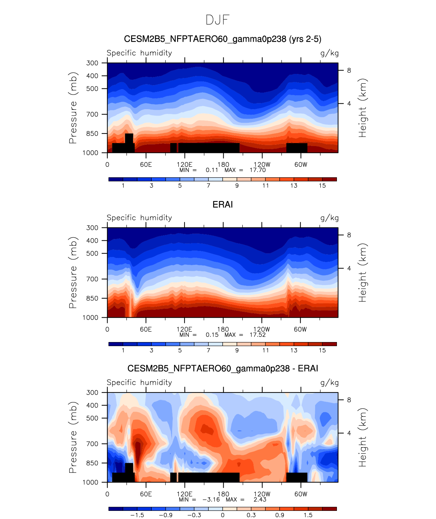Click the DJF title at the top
coord(217,20)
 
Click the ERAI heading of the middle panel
coord(223,204)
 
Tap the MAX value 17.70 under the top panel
coord(258,170)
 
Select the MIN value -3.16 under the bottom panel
coord(211,499)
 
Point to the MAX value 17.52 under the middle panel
coord(258,335)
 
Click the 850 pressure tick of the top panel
coord(92,134)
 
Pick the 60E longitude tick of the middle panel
coord(146,329)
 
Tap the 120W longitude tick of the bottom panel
coord(262,494)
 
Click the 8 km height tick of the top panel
coord(349,71)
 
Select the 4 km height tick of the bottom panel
coord(349,433)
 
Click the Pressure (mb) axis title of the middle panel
coord(73,273)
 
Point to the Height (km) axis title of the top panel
coord(363,108)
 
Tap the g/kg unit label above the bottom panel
coord(329,383)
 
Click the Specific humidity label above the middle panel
coord(139,218)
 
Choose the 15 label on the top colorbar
coord(322,185)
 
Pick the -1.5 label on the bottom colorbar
coord(137,515)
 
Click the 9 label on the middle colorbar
coord(237,350)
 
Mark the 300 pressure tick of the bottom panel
coord(92,393)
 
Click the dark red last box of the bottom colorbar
coord(329,508)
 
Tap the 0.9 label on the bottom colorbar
coord(280,515)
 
